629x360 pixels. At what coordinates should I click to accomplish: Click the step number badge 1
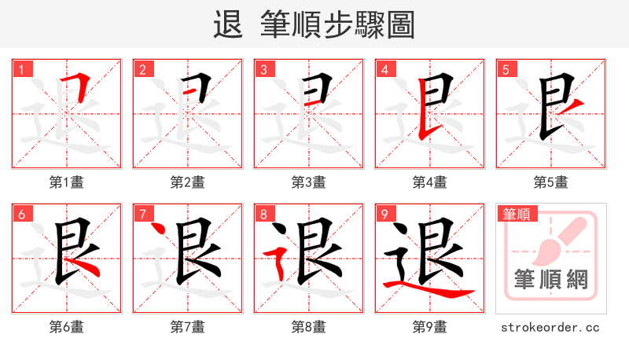[21, 69]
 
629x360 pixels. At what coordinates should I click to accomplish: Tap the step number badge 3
[263, 69]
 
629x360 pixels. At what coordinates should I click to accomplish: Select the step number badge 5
[506, 69]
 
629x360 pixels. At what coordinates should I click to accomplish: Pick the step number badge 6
[21, 214]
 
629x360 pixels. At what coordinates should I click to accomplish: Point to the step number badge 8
[263, 214]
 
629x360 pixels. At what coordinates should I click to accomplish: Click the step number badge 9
[384, 214]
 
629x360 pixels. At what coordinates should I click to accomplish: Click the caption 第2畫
[187, 182]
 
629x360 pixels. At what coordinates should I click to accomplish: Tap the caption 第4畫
[429, 182]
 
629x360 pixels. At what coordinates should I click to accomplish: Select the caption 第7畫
[187, 327]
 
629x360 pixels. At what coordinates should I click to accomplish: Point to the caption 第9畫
[429, 327]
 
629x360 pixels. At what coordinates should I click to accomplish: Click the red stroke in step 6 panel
[88, 270]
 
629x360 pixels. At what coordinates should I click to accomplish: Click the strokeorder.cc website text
[550, 327]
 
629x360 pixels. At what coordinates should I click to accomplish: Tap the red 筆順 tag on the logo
[517, 214]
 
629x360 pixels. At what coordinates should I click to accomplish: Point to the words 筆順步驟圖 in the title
[338, 25]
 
